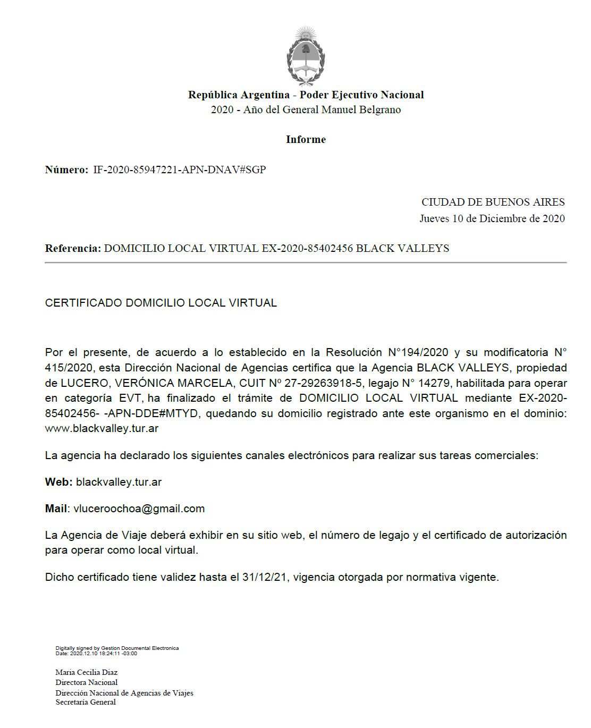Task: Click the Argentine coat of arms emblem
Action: (306, 56)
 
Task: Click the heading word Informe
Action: (306, 139)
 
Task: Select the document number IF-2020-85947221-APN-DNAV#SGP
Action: (179, 170)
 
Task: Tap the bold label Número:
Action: (66, 170)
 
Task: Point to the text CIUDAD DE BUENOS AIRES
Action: (493, 202)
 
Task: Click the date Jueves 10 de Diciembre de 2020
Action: (492, 218)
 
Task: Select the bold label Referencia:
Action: (73, 248)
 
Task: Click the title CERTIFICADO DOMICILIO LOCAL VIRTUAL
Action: (161, 303)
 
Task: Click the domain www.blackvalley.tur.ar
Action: (102, 428)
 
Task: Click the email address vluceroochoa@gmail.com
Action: (139, 509)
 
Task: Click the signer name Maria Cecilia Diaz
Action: (86, 672)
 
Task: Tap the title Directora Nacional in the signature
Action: (86, 682)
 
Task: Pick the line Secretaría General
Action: (86, 702)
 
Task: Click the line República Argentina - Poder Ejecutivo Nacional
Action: (306, 95)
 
